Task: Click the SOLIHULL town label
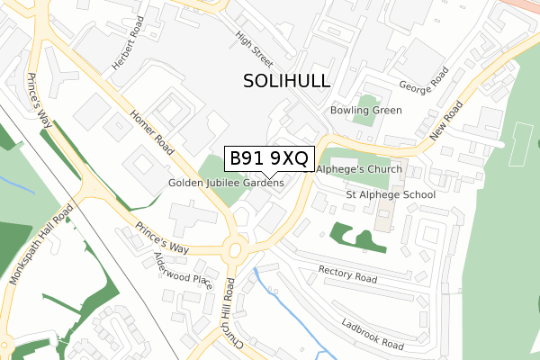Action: click(x=287, y=81)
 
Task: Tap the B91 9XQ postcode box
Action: click(x=269, y=158)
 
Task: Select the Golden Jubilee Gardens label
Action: click(x=226, y=183)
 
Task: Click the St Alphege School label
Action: click(x=391, y=194)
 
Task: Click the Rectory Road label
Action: click(x=347, y=274)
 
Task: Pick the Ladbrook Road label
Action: click(x=372, y=332)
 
